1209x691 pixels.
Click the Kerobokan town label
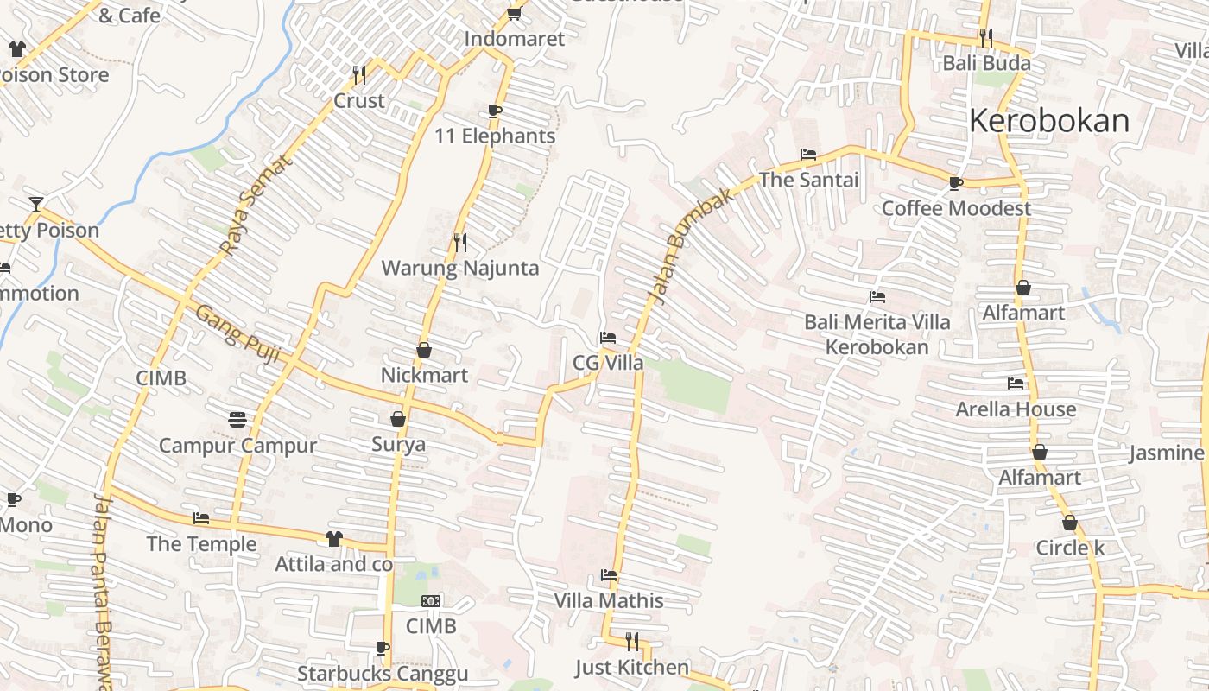[1048, 121]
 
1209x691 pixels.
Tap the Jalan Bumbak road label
[691, 244]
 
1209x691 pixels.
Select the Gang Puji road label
[237, 334]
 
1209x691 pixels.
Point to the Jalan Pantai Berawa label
[104, 592]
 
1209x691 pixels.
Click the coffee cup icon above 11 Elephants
[495, 111]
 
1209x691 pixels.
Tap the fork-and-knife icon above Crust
[359, 75]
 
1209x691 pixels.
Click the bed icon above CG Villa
[608, 338]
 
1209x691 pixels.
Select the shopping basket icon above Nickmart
[424, 350]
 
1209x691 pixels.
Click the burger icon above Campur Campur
[238, 420]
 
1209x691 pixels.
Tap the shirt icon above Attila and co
[334, 539]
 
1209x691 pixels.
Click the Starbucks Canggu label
[383, 674]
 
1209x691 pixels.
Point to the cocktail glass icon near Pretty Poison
[35, 205]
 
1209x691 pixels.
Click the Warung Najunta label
[460, 268]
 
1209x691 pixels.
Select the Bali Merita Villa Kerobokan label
[877, 334]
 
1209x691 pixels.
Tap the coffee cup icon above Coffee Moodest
[956, 183]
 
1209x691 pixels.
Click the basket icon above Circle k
[1070, 523]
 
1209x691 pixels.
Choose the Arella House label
[1016, 409]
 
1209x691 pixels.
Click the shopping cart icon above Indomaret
[515, 13]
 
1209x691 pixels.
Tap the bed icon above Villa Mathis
[609, 575]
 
